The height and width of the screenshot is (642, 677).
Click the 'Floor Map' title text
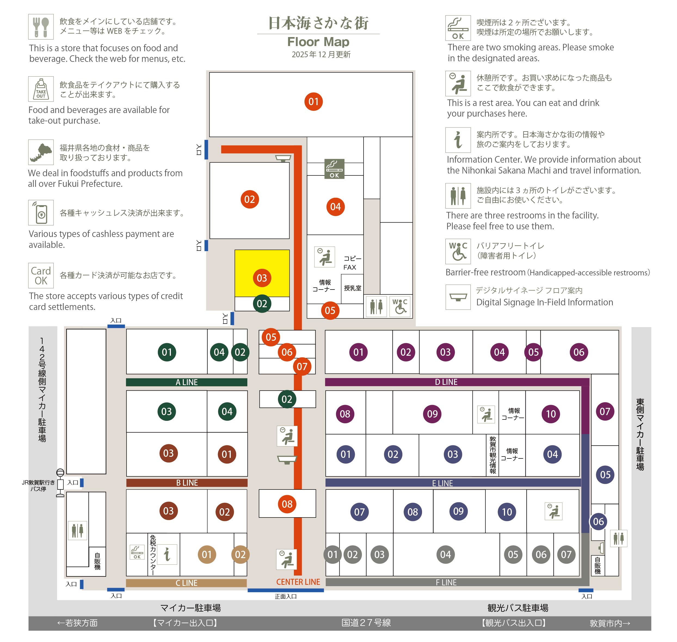[318, 42]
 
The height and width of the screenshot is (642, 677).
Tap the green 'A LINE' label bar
[186, 382]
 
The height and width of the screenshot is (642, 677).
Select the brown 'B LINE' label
[187, 483]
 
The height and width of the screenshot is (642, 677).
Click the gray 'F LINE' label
[446, 582]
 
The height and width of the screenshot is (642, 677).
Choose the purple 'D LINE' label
[446, 382]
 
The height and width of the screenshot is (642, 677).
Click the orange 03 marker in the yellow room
[262, 278]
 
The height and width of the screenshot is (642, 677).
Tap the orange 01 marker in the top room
[313, 102]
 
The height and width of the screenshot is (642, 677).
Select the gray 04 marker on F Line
[445, 554]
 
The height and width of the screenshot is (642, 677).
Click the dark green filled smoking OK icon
[334, 169]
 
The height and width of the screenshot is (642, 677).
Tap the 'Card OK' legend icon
[41, 275]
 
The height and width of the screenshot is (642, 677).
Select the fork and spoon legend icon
[41, 27]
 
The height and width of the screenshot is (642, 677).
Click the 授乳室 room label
[353, 288]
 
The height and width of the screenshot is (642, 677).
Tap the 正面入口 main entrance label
[286, 597]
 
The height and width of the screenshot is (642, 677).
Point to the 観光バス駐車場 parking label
[518, 608]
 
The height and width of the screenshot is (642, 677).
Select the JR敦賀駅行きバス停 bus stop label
[38, 486]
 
